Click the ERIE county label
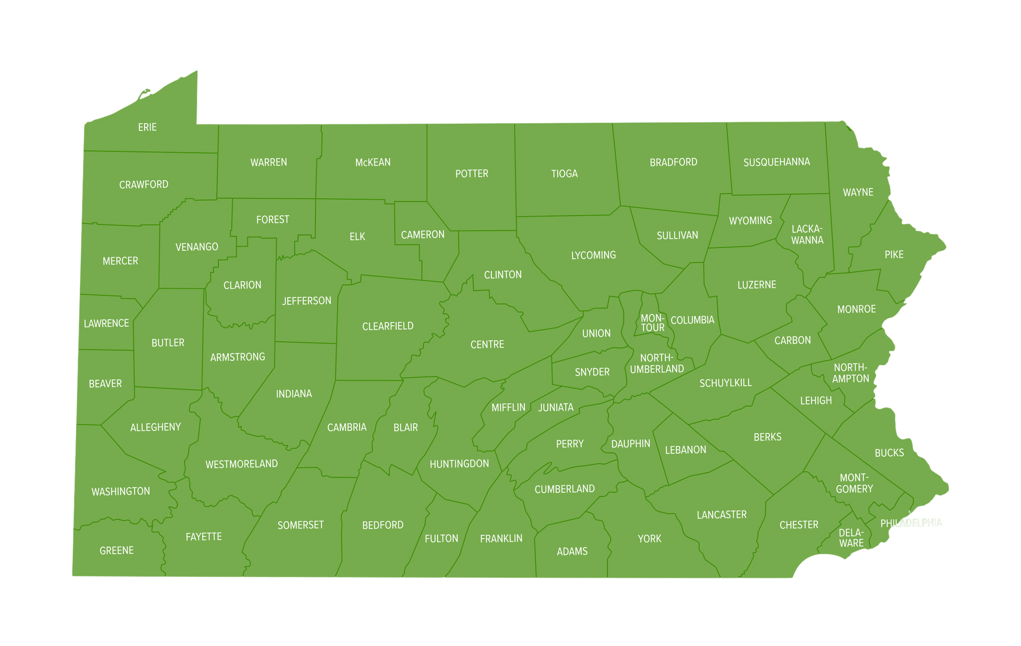[x=147, y=127]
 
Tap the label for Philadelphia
[x=911, y=523]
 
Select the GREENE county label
[x=116, y=551]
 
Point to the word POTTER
[x=472, y=174]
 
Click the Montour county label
[x=652, y=323]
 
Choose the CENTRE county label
[x=487, y=345]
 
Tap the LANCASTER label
[x=722, y=515]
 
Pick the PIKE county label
[x=894, y=255]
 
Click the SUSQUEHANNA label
[x=776, y=162]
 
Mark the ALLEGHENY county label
[x=155, y=428]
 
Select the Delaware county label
[x=851, y=538]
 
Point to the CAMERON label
[x=423, y=235]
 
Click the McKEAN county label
[x=373, y=163]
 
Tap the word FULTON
[x=441, y=539]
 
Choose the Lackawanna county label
[x=807, y=235]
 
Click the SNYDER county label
[x=592, y=372]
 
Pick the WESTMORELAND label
[x=241, y=464]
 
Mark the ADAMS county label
[x=572, y=551]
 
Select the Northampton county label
[x=850, y=373]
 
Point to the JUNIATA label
[x=556, y=407]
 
